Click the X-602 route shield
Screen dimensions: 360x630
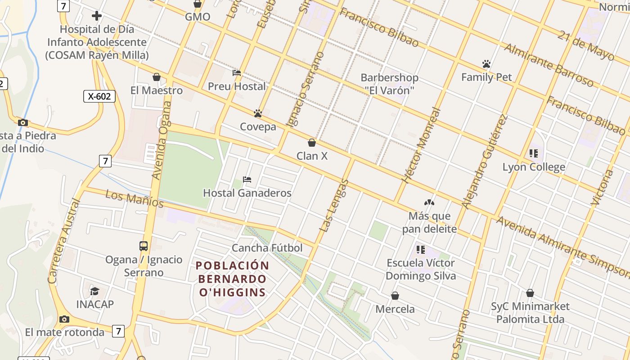(99, 96)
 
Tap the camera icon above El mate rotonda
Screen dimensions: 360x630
(64, 319)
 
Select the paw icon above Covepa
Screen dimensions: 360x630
(258, 113)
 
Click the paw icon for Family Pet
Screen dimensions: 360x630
(486, 64)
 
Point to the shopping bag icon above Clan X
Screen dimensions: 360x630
(311, 143)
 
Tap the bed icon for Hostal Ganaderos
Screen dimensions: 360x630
(247, 180)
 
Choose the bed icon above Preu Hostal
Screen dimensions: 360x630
(237, 73)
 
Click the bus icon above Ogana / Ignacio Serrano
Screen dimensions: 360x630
(144, 246)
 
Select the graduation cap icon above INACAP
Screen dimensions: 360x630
(94, 291)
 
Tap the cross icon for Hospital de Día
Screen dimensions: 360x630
(97, 16)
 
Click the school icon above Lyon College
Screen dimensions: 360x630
(534, 153)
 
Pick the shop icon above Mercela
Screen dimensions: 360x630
(395, 296)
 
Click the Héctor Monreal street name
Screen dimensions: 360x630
(420, 145)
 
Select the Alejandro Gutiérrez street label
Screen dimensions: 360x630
(485, 162)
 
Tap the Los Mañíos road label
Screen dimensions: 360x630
(134, 199)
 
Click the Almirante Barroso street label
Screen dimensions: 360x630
(549, 65)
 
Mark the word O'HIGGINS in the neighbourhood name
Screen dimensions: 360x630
(233, 292)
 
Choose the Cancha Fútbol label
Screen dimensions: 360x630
(267, 248)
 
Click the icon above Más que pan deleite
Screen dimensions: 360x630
(429, 202)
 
